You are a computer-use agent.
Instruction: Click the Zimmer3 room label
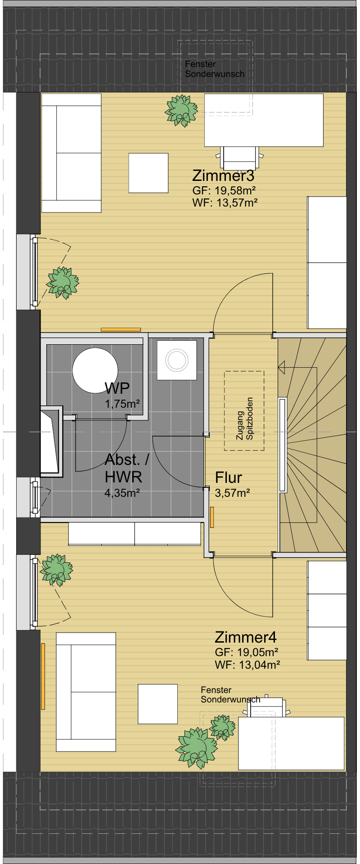(x=223, y=175)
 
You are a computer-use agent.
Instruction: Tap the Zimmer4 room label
(x=246, y=637)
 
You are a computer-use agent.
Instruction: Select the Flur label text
(x=229, y=477)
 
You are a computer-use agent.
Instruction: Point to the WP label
(x=117, y=388)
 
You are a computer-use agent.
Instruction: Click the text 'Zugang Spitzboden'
(x=245, y=418)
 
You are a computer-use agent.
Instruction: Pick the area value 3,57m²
(x=233, y=493)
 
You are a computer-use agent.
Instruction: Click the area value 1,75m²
(x=122, y=404)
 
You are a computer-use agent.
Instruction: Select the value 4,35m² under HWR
(x=122, y=493)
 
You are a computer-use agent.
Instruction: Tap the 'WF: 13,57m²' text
(x=225, y=203)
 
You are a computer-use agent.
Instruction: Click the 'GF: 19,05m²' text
(x=247, y=652)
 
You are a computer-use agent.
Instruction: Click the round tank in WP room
(x=95, y=370)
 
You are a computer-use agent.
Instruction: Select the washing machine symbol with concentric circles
(x=177, y=360)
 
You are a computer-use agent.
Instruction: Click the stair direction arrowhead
(x=282, y=368)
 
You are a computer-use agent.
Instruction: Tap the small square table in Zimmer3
(x=148, y=173)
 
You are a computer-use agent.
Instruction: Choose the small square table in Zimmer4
(x=157, y=704)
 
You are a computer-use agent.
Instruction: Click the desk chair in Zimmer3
(x=239, y=157)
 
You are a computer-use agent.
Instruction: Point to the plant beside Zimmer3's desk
(x=181, y=110)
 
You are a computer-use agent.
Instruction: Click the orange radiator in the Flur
(x=212, y=517)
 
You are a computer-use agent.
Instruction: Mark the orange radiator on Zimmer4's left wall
(x=43, y=676)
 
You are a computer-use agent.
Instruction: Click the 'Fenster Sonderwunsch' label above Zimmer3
(x=215, y=69)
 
